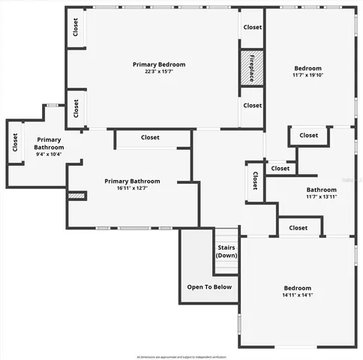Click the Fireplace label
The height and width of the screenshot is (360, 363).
253,67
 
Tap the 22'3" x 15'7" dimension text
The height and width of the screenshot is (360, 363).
158,73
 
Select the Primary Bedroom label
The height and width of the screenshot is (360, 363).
158,64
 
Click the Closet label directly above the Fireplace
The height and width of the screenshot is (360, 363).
253,27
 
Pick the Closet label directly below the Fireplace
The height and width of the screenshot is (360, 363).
253,105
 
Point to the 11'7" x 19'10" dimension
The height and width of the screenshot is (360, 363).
307,75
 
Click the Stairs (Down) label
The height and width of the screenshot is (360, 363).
226,251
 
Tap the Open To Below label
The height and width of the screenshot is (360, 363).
209,286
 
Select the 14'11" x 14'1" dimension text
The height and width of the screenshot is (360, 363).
297,296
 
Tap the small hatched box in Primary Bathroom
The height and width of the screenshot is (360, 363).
76,196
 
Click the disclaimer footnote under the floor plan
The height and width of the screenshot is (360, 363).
181,355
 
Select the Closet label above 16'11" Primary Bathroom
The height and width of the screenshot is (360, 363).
150,137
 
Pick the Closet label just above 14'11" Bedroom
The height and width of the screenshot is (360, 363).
298,227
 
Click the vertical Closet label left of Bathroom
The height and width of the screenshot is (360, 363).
255,181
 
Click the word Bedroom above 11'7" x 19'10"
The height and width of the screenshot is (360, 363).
307,67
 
